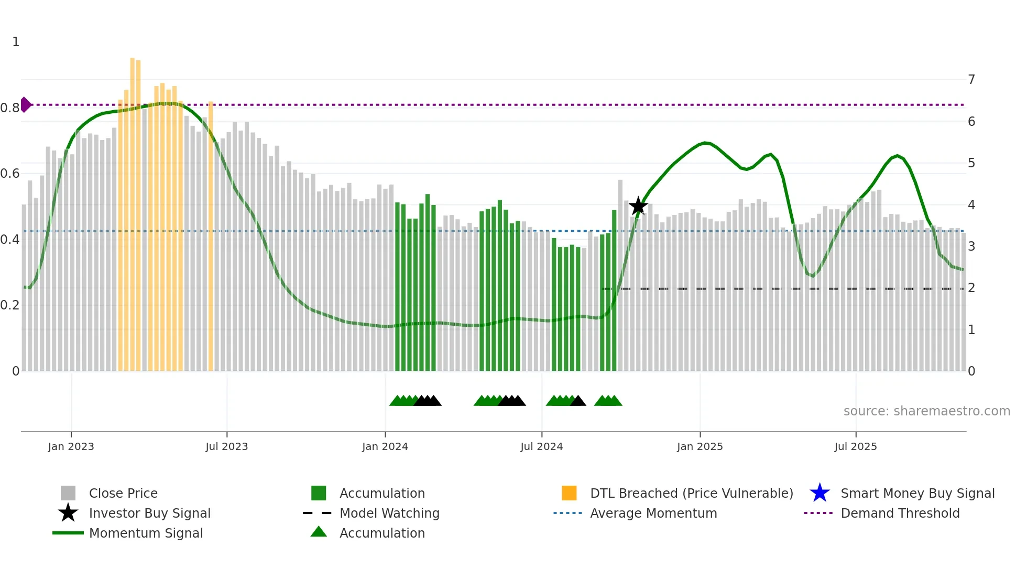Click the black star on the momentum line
click(638, 206)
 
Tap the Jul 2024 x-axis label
click(541, 446)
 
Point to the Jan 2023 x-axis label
click(71, 446)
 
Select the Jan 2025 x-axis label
click(700, 446)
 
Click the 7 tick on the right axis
click(971, 80)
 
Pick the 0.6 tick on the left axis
click(10, 174)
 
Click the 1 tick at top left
click(16, 42)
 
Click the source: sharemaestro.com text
click(926, 411)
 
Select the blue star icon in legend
click(820, 493)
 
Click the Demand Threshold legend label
click(900, 513)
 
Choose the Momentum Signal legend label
click(146, 533)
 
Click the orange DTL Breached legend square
click(569, 493)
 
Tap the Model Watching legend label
click(389, 513)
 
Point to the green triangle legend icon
click(319, 532)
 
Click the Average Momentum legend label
click(653, 513)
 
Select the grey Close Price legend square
click(68, 493)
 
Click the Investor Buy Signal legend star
click(68, 513)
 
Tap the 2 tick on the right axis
click(971, 288)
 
